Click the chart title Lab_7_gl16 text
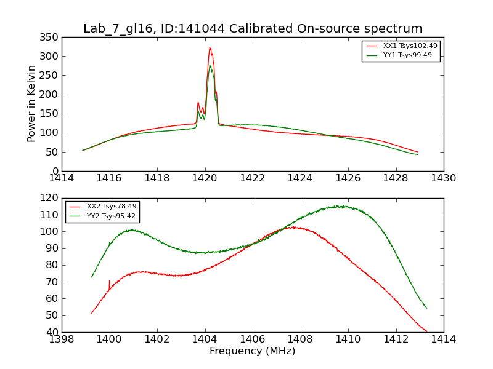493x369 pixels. click(x=253, y=29)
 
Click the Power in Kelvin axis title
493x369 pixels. click(x=31, y=103)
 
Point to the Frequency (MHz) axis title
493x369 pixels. click(x=253, y=351)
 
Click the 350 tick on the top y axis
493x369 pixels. click(x=51, y=38)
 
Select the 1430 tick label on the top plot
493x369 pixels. click(x=443, y=178)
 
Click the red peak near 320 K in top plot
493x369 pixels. click(x=210, y=48)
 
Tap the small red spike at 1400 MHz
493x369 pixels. click(x=110, y=282)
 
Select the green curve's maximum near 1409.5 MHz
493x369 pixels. click(x=338, y=206)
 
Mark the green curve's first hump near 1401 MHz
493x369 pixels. click(x=131, y=230)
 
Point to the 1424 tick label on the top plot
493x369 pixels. click(x=300, y=178)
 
